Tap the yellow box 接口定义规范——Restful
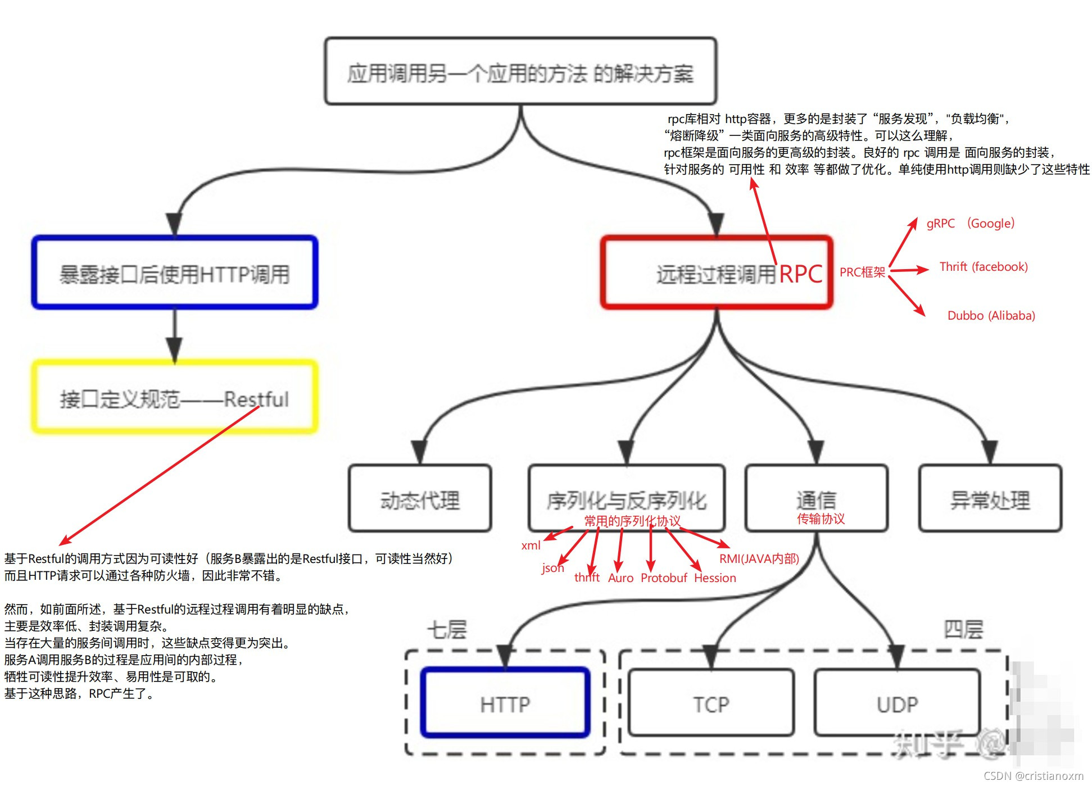[x=175, y=398]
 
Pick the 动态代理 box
[x=420, y=499]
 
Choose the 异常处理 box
[x=990, y=499]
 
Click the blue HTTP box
[x=505, y=703]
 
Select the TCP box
[x=711, y=703]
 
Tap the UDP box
[x=897, y=703]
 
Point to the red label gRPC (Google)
[x=971, y=224]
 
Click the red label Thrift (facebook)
[x=983, y=267]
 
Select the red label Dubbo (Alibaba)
[x=991, y=316]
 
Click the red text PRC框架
[x=862, y=272]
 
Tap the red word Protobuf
[x=664, y=578]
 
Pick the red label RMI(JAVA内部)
[x=759, y=559]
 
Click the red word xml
[x=531, y=546]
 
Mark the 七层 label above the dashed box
[x=447, y=629]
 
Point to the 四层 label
[x=963, y=629]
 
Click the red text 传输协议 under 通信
[x=821, y=519]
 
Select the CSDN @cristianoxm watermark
[x=1033, y=776]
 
